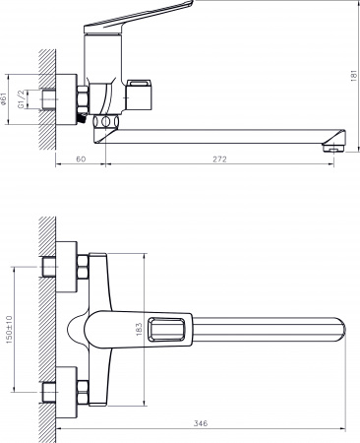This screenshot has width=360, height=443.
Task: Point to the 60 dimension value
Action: point(80,158)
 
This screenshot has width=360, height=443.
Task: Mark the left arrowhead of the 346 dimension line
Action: point(60,431)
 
